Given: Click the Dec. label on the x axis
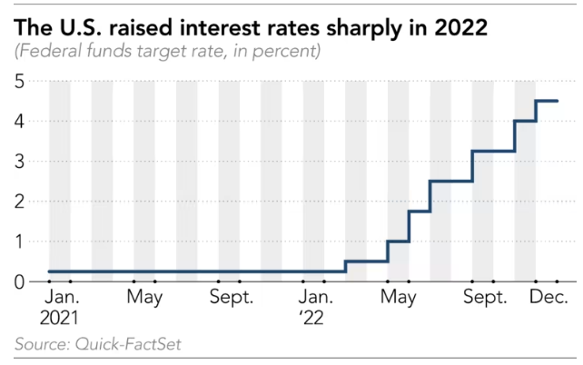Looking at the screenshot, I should pos(548,298).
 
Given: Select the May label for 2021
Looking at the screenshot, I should pos(144,298).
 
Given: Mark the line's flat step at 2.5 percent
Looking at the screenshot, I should pos(450,181).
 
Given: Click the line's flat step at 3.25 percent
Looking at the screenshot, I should pos(493,151).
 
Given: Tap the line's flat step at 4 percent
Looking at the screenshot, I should pos(525,121).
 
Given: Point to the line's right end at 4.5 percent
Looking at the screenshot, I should pos(557,101).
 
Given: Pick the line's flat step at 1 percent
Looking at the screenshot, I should pos(398,242).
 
